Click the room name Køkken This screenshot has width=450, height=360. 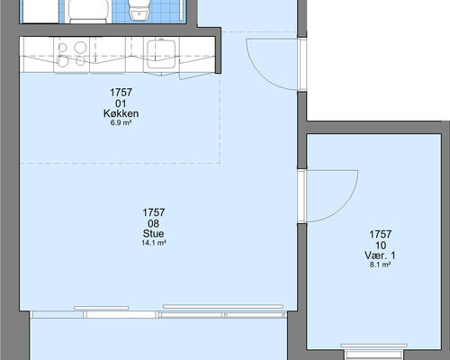click(121, 113)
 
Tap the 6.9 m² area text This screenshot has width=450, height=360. click(121, 122)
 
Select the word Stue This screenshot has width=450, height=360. click(153, 234)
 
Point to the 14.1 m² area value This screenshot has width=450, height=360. click(154, 243)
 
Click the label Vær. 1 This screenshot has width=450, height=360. click(380, 256)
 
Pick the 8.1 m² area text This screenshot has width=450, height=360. click(380, 265)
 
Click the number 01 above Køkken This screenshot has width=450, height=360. click(121, 103)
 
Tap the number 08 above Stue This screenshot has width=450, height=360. click(153, 223)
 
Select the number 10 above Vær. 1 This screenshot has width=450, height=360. click(381, 246)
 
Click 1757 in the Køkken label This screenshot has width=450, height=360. click(121, 93)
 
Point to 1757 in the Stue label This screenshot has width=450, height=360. click(154, 212)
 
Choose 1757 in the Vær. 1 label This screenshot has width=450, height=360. click(381, 234)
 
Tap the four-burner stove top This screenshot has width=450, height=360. click(72, 54)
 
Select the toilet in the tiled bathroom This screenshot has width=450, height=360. click(138, 10)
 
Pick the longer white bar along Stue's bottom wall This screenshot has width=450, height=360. click(223, 307)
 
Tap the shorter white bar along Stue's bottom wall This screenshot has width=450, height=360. click(102, 308)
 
